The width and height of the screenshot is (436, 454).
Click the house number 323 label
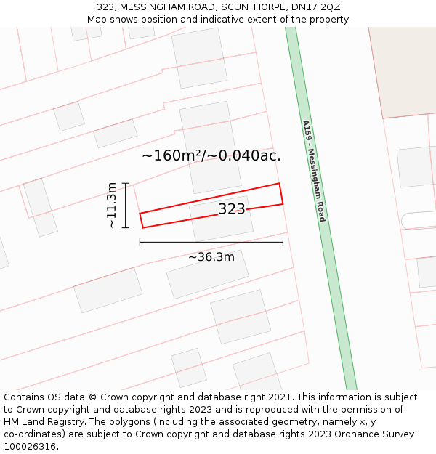click(232, 210)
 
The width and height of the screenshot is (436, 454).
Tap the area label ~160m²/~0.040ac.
click(211, 155)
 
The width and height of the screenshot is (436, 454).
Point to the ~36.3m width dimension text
click(211, 257)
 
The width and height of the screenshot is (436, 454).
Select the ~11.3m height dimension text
click(111, 206)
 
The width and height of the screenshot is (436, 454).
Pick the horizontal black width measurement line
click(211, 242)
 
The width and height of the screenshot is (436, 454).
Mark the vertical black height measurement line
click(126, 206)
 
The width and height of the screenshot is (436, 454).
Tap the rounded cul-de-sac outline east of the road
click(417, 220)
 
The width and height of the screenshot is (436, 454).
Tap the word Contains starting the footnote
click(24, 397)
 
